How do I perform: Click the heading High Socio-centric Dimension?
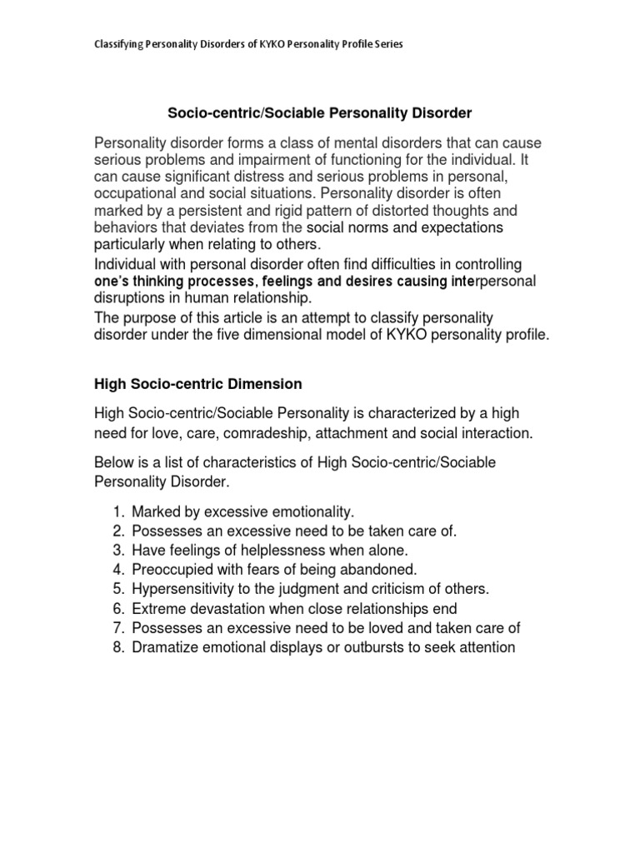point(197,384)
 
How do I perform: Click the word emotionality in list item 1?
point(289,512)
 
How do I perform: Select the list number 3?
point(117,551)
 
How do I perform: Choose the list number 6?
point(117,608)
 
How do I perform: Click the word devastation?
point(225,608)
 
